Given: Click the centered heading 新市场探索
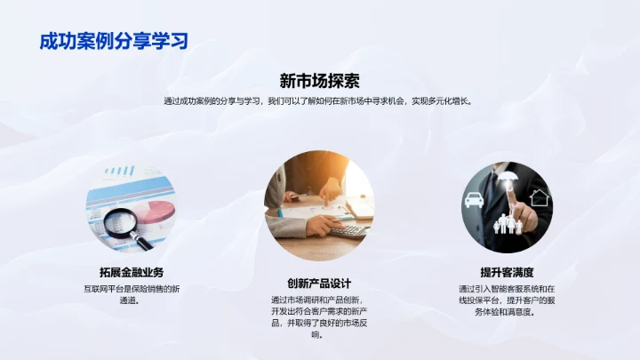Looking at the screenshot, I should (x=319, y=80).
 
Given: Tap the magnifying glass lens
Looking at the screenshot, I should (x=119, y=220).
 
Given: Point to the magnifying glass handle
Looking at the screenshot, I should (x=143, y=241).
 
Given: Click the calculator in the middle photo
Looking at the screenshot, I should (x=349, y=230).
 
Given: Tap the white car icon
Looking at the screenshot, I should (x=475, y=201).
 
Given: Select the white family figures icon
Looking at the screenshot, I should (x=509, y=222).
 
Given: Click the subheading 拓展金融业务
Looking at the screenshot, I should (x=131, y=272).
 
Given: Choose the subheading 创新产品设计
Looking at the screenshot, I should (x=319, y=283).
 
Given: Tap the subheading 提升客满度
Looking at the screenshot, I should (x=507, y=272).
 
